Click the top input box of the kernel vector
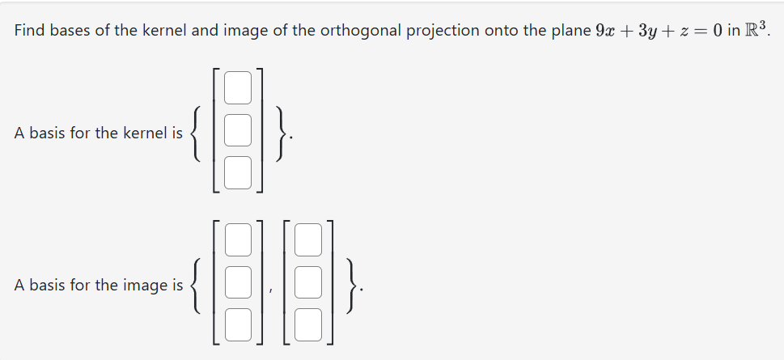point(238,88)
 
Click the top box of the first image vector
point(238,240)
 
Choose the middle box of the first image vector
point(238,283)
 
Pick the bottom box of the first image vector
point(238,325)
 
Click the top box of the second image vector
point(308,240)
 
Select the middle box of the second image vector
point(308,283)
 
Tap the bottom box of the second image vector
point(308,325)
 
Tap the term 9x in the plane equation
point(604,32)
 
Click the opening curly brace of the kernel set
point(197,133)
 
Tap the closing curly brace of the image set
point(349,285)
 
